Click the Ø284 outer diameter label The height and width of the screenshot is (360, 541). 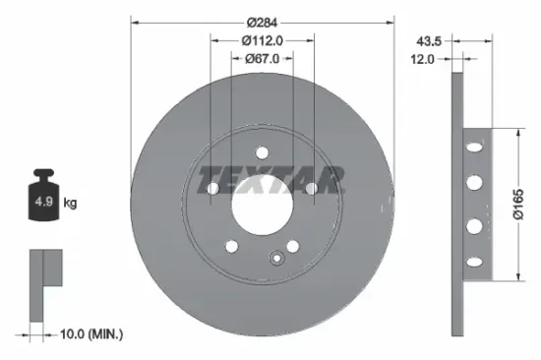(262, 22)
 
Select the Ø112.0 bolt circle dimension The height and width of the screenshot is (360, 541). (262, 40)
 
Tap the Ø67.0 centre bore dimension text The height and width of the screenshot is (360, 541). (262, 58)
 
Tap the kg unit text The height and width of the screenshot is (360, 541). (70, 203)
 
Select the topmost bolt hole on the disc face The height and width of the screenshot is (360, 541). (263, 151)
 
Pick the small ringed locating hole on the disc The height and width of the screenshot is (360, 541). (278, 261)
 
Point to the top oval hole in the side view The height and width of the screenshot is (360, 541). (476, 149)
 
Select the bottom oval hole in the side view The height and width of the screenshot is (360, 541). (476, 260)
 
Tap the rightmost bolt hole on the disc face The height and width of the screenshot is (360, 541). (311, 187)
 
